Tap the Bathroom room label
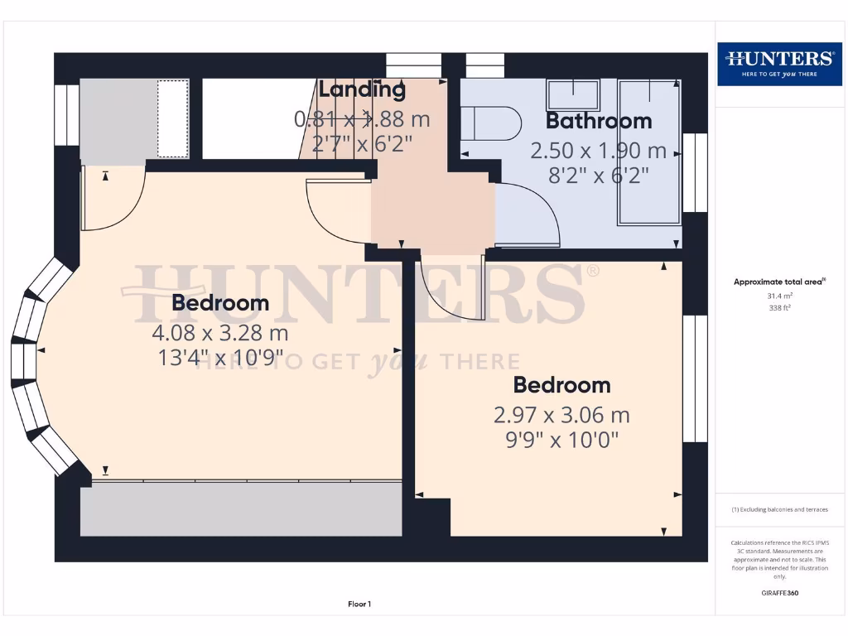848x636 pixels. click(x=599, y=121)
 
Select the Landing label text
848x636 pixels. click(x=362, y=89)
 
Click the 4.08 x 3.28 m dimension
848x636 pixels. click(x=219, y=333)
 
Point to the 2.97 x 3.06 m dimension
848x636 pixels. click(x=561, y=414)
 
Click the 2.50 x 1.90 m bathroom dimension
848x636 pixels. click(x=598, y=151)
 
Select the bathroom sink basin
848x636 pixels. click(x=572, y=94)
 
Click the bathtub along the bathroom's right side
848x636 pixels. click(x=650, y=153)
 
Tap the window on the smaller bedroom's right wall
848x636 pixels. click(x=696, y=378)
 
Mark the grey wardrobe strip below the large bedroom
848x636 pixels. click(x=240, y=508)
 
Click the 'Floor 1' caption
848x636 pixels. click(x=359, y=605)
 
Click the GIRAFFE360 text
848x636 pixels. click(x=778, y=593)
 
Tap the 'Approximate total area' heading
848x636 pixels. click(x=778, y=282)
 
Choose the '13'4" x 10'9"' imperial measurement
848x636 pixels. click(x=219, y=358)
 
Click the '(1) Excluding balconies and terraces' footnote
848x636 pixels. click(x=778, y=510)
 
